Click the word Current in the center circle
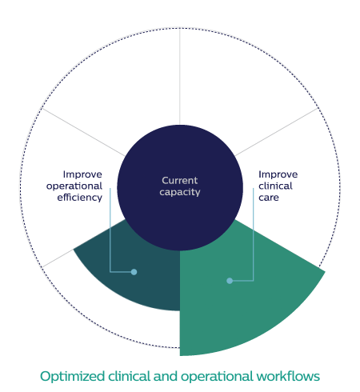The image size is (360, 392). coord(180,181)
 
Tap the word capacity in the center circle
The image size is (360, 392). coord(180,192)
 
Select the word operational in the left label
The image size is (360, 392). coord(74,186)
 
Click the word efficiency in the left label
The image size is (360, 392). coord(79,198)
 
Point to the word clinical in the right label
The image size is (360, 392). coord(275,186)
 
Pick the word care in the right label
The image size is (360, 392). coord(269,198)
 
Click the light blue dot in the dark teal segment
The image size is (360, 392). coord(134,272)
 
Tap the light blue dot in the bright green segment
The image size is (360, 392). coord(230,281)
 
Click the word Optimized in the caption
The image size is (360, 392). coord(72,377)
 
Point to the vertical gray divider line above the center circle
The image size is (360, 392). coord(180,77)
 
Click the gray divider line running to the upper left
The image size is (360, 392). coord(83,132)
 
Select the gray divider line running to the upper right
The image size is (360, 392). coord(277,132)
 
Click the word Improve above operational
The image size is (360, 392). coord(82,174)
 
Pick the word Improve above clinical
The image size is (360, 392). coord(278,174)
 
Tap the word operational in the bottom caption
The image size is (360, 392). coord(217,377)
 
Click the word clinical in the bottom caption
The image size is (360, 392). coord(129,376)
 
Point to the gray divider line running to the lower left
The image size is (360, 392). coord(58,258)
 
